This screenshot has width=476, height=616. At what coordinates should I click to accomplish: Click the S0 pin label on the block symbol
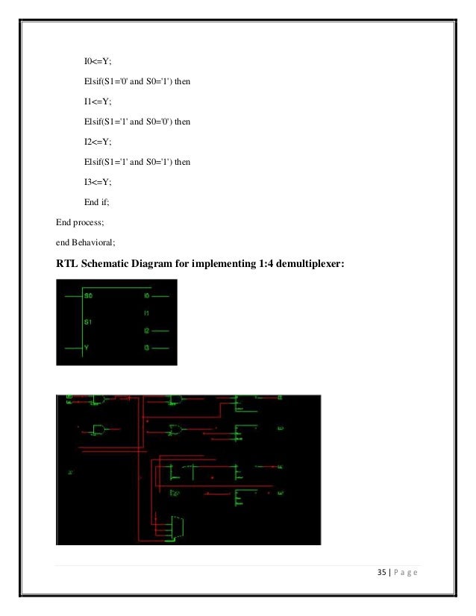pos(89,296)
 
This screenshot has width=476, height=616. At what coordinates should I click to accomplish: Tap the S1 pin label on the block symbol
pos(89,322)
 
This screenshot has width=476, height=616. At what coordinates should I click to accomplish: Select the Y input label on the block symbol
pos(87,348)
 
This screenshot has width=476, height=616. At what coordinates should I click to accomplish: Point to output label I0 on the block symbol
pos(146,296)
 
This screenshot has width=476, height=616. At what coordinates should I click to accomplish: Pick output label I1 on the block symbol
pos(146,313)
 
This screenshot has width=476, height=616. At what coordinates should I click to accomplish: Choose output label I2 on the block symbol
pos(146,330)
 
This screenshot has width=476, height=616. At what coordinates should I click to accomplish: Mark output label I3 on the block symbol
pos(146,348)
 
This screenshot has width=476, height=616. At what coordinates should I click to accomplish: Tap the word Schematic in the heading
pos(113,262)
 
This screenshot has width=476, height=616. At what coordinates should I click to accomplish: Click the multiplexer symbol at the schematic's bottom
pos(177,527)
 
